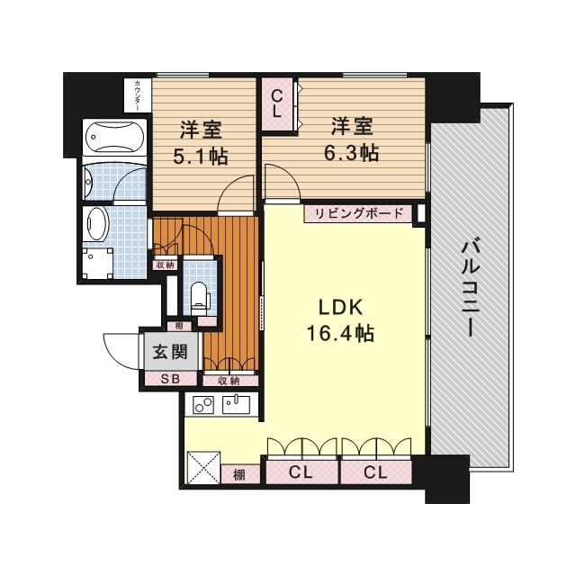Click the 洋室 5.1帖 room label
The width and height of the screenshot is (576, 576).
pyautogui.click(x=200, y=142)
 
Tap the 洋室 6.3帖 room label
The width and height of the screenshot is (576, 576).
pyautogui.click(x=351, y=139)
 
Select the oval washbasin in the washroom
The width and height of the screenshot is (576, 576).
pyautogui.click(x=95, y=225)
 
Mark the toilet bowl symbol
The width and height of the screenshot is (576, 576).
pyautogui.click(x=199, y=292)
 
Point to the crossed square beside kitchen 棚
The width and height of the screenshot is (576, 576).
pyautogui.click(x=203, y=468)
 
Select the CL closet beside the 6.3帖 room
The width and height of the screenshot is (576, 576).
pyautogui.click(x=277, y=103)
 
